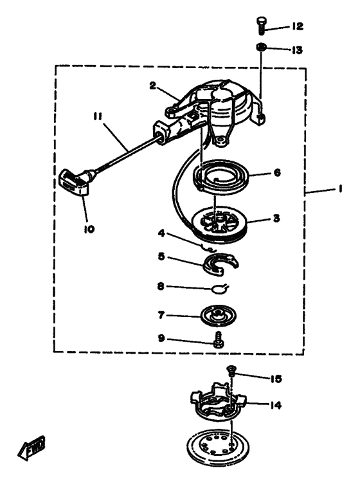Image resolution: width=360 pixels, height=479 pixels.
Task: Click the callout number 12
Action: click(x=297, y=26)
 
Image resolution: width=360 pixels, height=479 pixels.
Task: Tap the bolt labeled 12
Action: click(x=260, y=26)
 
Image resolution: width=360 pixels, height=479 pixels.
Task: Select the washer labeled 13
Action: click(x=261, y=48)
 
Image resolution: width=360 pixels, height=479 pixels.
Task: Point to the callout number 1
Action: click(x=339, y=189)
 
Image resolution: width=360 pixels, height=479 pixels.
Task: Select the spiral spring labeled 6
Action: click(x=222, y=175)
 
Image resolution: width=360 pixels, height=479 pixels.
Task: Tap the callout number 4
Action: click(x=161, y=233)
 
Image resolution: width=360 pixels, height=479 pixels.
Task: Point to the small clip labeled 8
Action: click(x=220, y=288)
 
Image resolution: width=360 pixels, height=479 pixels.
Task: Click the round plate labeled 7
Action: click(x=218, y=315)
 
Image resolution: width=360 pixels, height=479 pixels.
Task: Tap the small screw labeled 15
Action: click(x=231, y=372)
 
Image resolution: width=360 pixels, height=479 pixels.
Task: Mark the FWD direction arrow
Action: click(x=31, y=448)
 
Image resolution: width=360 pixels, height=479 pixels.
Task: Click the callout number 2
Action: click(x=153, y=86)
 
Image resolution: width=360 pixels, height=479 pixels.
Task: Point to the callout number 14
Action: click(x=275, y=405)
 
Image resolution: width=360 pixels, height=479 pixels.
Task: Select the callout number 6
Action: click(x=277, y=173)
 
